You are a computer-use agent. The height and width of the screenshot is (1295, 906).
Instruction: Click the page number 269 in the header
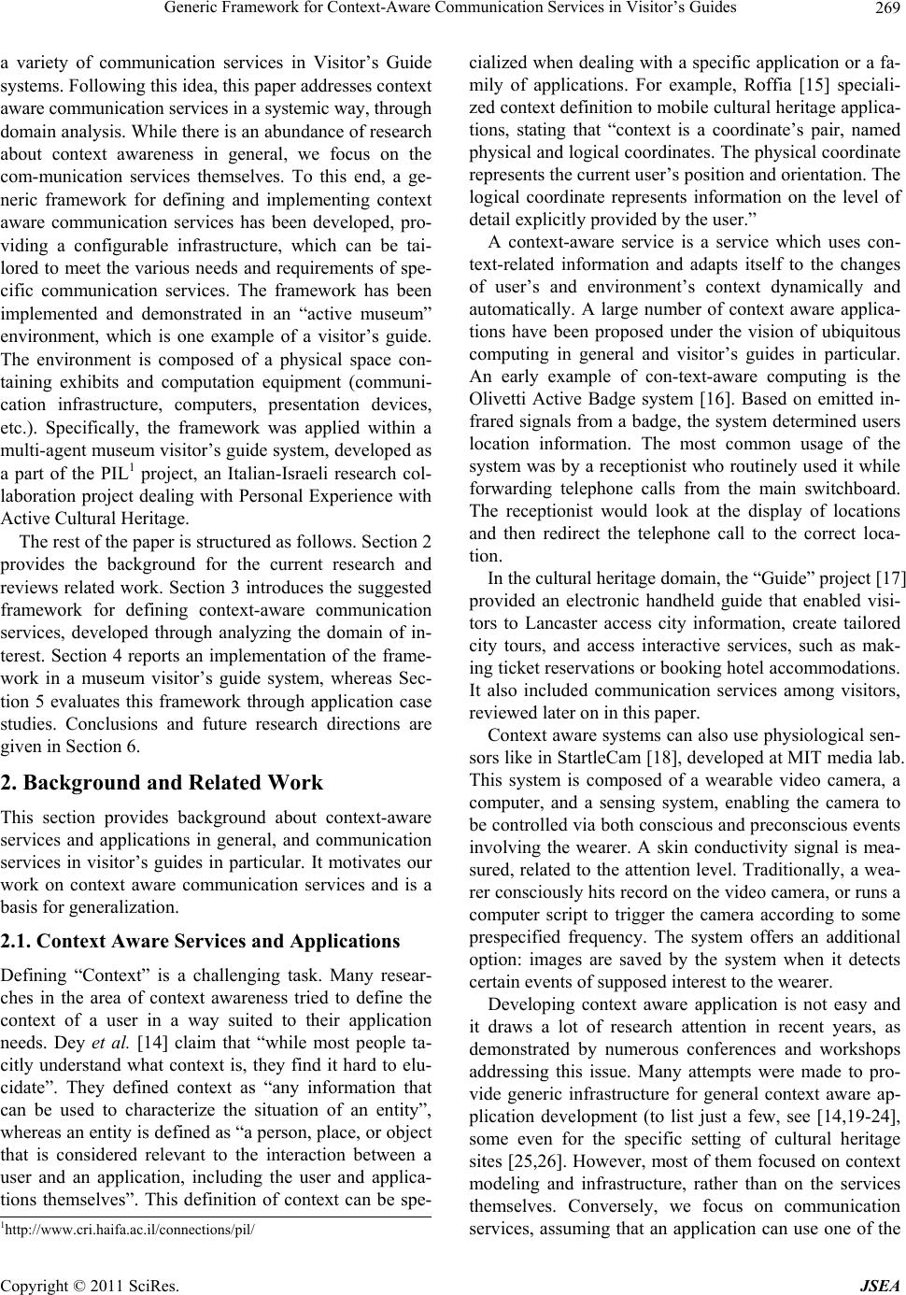[885, 9]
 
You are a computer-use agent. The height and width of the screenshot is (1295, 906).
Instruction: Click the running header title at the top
[444, 9]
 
